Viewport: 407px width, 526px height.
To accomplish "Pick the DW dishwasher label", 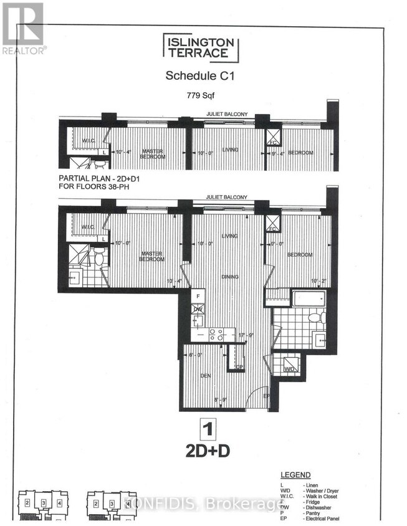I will (x=197, y=309).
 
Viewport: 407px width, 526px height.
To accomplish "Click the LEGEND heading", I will (x=296, y=475).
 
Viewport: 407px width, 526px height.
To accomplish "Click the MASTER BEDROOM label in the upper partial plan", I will (x=153, y=153).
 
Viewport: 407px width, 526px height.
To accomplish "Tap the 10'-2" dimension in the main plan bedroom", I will (x=318, y=281).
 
